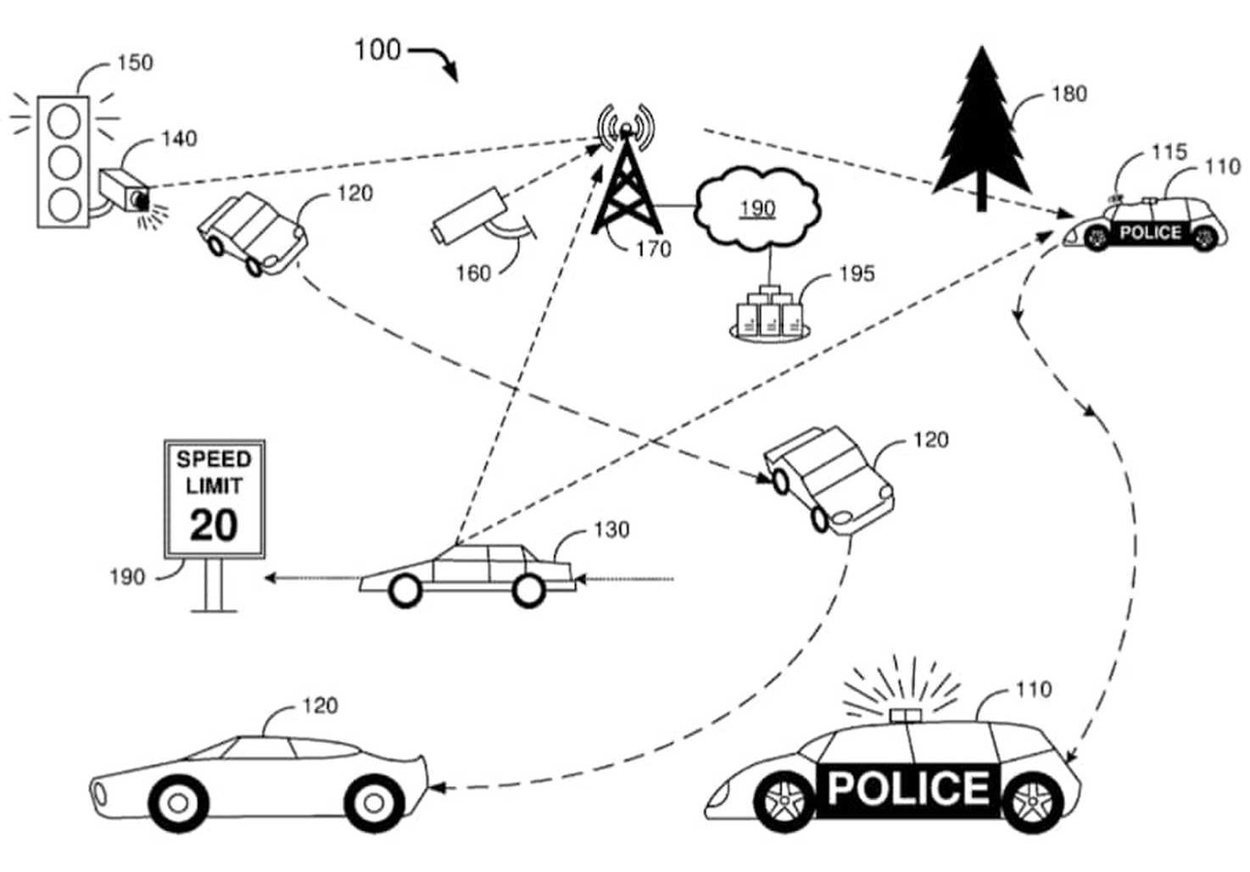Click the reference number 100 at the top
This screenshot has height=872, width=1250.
tap(377, 50)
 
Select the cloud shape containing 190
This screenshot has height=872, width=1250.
tap(757, 209)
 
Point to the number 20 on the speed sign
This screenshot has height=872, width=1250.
tap(213, 525)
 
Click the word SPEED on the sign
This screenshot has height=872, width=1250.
tap(214, 460)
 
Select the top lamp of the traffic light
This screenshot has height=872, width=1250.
tap(64, 121)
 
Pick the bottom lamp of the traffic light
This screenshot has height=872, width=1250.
tap(64, 203)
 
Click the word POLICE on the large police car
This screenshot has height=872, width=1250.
tap(907, 787)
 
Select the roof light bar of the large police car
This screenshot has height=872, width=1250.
tap(906, 714)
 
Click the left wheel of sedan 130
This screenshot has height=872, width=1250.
tap(405, 590)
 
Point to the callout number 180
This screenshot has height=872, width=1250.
tap(1069, 93)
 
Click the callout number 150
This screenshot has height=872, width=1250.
tap(135, 63)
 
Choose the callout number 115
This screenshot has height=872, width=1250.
tap(1169, 152)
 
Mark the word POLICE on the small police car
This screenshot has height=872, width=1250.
tap(1150, 232)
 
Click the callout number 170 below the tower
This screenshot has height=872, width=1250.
tap(653, 249)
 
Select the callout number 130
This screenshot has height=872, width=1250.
tap(611, 530)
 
